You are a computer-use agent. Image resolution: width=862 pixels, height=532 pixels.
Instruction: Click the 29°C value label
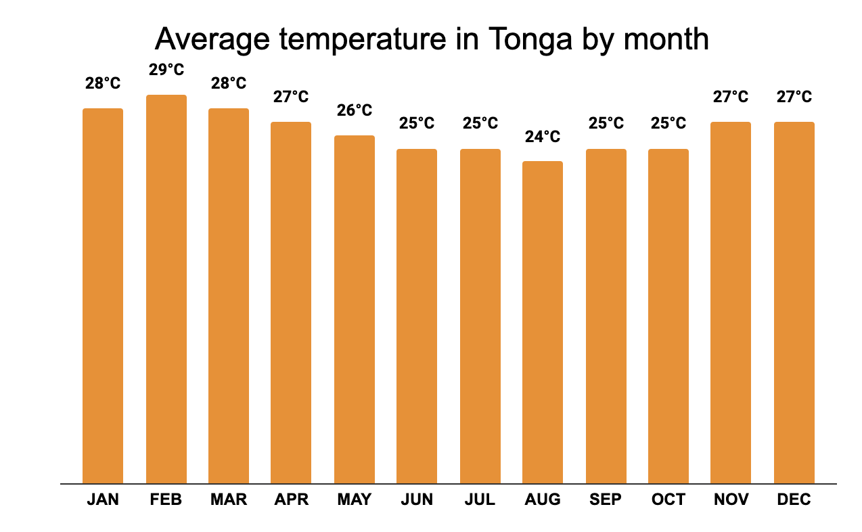(166, 70)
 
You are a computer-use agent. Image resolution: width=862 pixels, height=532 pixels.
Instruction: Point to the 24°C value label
(543, 137)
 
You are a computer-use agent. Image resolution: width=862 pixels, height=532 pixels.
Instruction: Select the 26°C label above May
(355, 110)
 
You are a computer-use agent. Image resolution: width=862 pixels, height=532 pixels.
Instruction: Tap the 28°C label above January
(103, 83)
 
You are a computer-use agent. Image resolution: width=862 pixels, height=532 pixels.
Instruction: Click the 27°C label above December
(794, 97)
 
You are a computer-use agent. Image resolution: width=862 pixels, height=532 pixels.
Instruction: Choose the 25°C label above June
(417, 123)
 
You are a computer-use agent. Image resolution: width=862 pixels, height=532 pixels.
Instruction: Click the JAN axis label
(103, 500)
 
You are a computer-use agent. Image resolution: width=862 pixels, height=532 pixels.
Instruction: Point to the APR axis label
(291, 500)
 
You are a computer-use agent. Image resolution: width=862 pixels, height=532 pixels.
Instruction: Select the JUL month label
(480, 500)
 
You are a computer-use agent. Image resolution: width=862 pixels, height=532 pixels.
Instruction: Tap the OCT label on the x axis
(668, 500)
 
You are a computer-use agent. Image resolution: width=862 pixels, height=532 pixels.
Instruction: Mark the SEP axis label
(606, 500)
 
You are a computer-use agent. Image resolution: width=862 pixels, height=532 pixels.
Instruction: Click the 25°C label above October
(668, 123)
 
